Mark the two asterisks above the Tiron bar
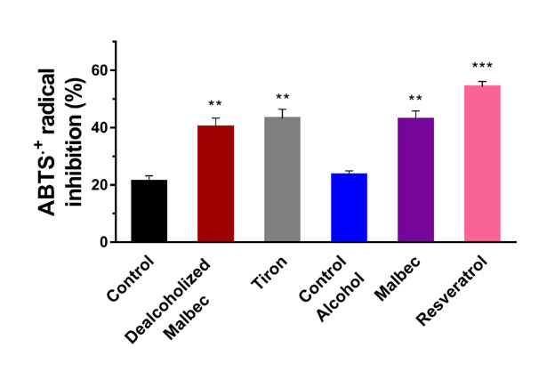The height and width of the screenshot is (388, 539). click(x=282, y=98)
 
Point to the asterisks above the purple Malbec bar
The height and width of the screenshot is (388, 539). click(x=415, y=101)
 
